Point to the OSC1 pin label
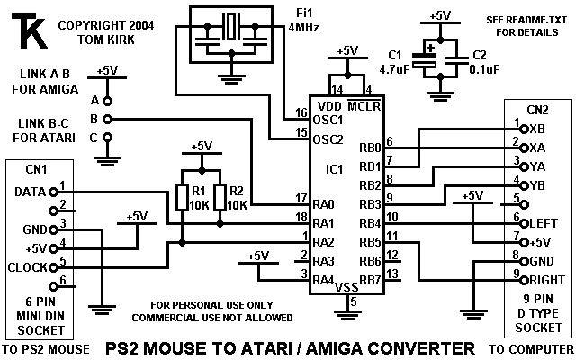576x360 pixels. tap(329, 119)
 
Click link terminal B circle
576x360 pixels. tap(107, 118)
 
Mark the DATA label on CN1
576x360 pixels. tap(30, 192)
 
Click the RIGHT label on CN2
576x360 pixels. tap(546, 278)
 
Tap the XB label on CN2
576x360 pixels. tap(537, 129)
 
